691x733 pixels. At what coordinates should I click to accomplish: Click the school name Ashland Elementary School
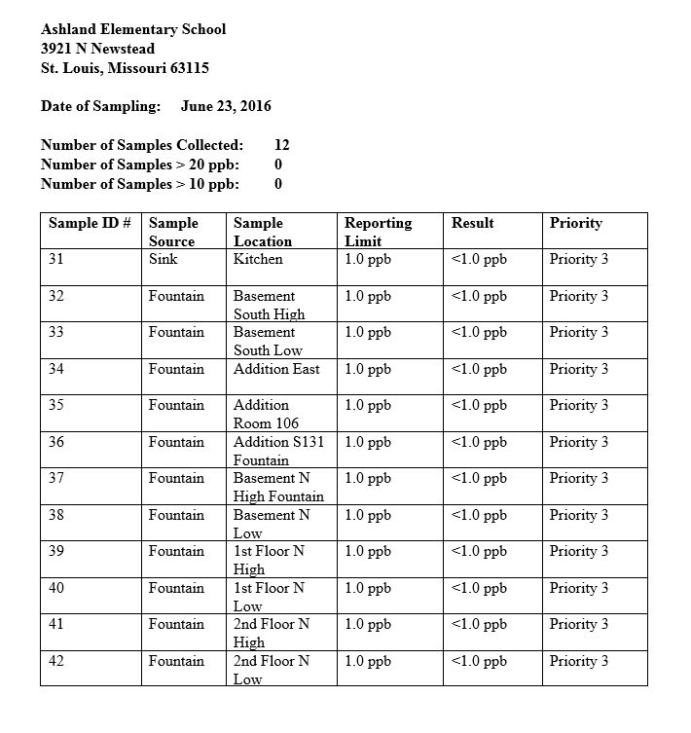pos(133,29)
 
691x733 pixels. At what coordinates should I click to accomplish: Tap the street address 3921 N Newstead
pos(97,49)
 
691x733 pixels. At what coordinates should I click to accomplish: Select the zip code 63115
pos(188,68)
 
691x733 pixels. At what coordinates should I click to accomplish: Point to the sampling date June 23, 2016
pos(226,106)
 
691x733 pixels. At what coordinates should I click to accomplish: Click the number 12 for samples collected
pos(282,145)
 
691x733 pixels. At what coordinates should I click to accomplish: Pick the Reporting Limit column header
pos(378,232)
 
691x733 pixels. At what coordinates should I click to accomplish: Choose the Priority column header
pos(575,223)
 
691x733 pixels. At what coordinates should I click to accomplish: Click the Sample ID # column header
pos(90,223)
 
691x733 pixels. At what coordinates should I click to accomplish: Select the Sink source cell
pos(163,259)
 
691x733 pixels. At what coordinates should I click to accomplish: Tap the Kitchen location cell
pos(258,259)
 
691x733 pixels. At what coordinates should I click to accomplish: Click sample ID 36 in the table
pos(56,442)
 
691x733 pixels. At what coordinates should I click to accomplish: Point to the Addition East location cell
pos(276,369)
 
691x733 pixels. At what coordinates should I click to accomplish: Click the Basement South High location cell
pos(269,305)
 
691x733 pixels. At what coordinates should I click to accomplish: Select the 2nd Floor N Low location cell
pos(272,670)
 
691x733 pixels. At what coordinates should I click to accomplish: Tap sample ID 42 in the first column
pos(56,661)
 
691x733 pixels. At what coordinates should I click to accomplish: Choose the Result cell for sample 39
pos(479,551)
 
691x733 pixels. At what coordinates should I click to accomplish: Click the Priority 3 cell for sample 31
pos(578,259)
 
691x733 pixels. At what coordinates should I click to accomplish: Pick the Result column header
pos(472,223)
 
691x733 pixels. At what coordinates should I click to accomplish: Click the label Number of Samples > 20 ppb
pos(140,165)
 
